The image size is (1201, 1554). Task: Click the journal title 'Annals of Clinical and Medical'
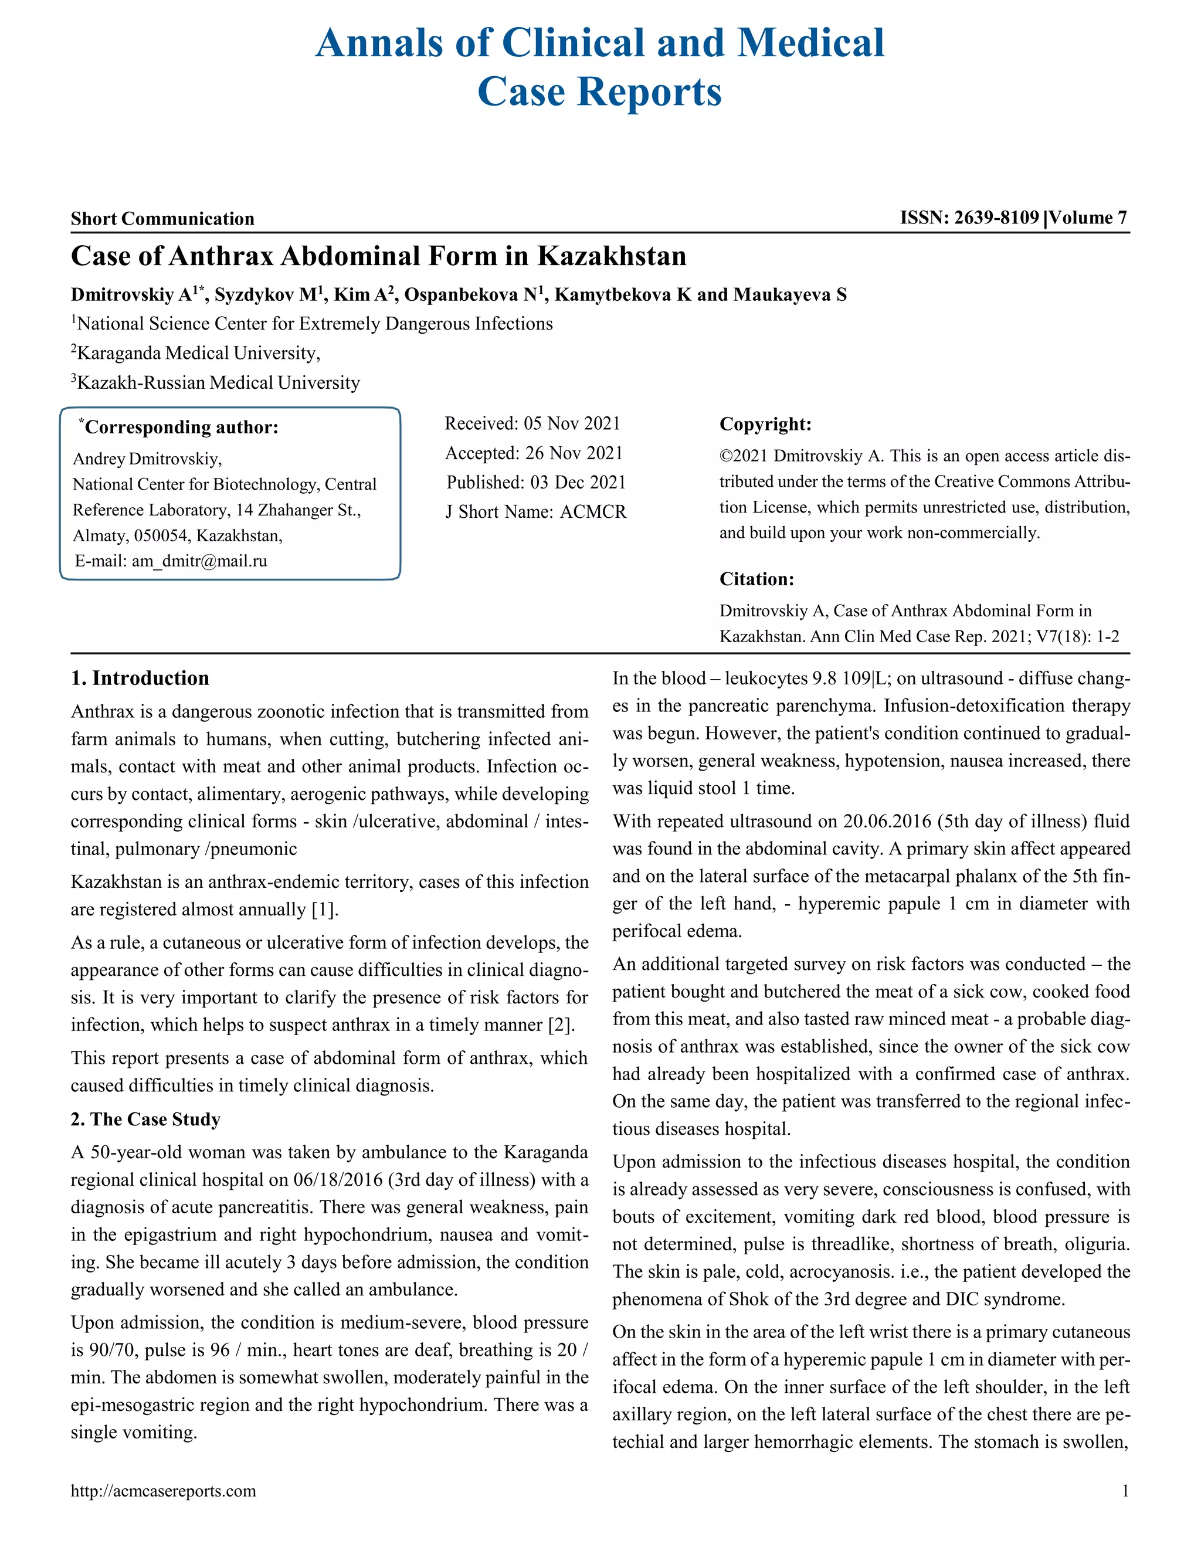click(600, 43)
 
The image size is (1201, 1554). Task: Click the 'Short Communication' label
click(162, 219)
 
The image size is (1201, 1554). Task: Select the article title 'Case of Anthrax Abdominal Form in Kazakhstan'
click(378, 256)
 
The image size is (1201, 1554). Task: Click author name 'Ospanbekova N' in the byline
click(470, 294)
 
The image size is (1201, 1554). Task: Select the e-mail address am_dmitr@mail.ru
click(199, 561)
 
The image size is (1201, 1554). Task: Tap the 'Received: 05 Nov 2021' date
click(532, 423)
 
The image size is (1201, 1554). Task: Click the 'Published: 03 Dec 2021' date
click(536, 483)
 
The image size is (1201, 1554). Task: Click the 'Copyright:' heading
click(765, 424)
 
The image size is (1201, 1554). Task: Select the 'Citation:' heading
click(756, 579)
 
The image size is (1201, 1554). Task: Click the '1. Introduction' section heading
click(140, 678)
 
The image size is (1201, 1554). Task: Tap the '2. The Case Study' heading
click(146, 1119)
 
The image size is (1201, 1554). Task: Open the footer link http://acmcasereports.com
click(163, 1491)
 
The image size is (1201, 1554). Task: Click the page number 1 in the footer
click(1125, 1491)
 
